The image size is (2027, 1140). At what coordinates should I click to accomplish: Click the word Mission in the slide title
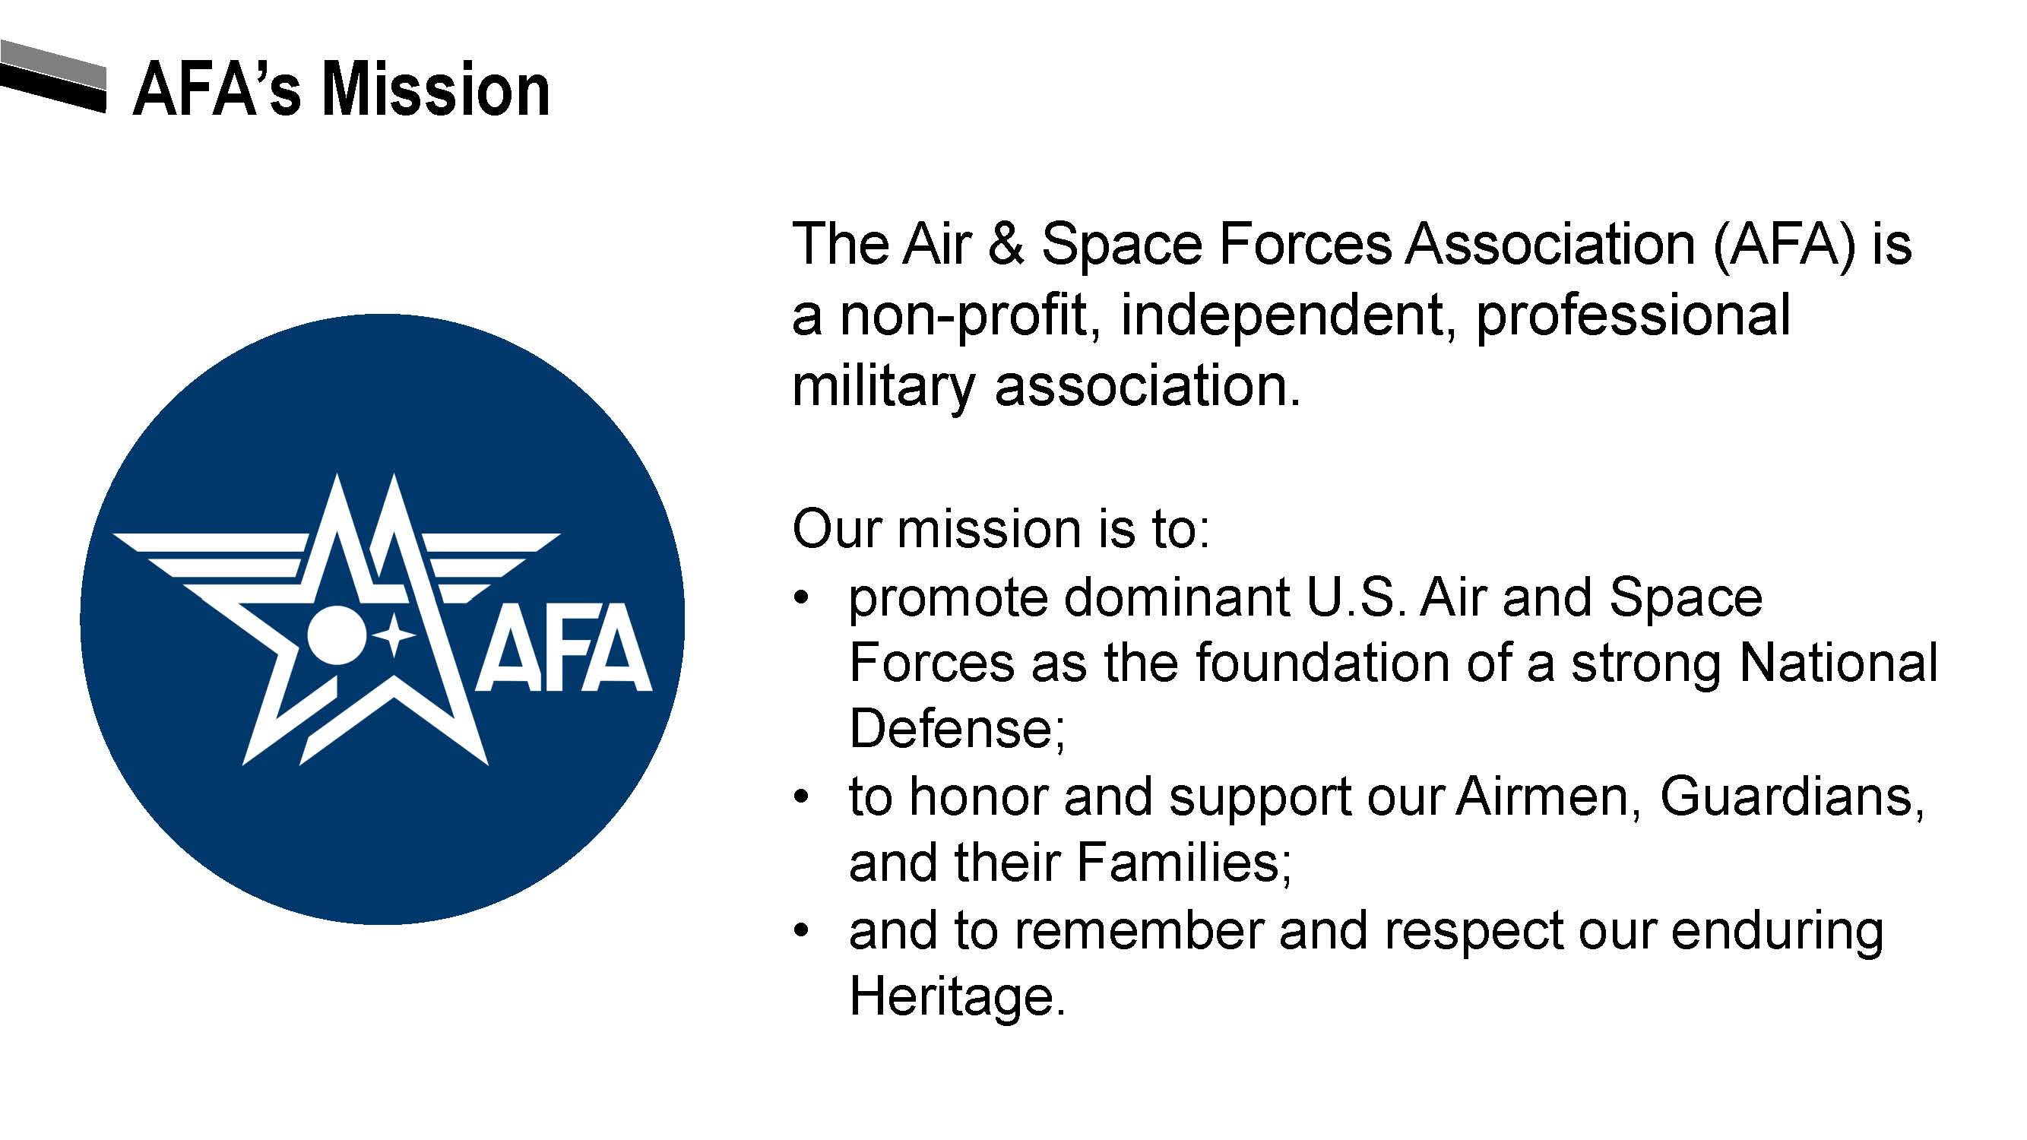click(435, 90)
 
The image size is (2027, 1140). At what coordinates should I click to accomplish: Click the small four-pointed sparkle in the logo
click(394, 635)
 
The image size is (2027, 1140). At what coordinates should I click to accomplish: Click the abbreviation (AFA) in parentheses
click(1782, 245)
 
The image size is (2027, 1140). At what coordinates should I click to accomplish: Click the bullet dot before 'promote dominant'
click(802, 599)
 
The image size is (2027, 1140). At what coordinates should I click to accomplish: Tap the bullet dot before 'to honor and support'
click(802, 799)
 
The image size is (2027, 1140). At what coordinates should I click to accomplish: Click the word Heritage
click(957, 998)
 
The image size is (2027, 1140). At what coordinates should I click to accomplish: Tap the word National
click(1839, 663)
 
